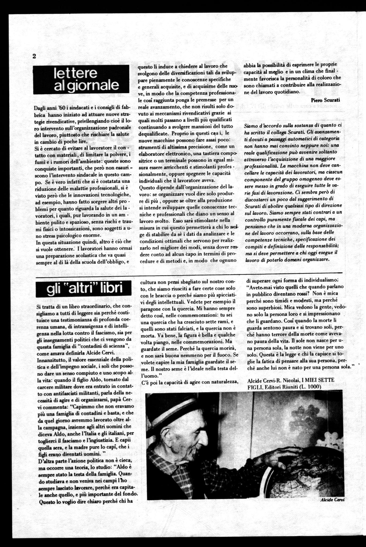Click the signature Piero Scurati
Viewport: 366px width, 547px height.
[x=326, y=100]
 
